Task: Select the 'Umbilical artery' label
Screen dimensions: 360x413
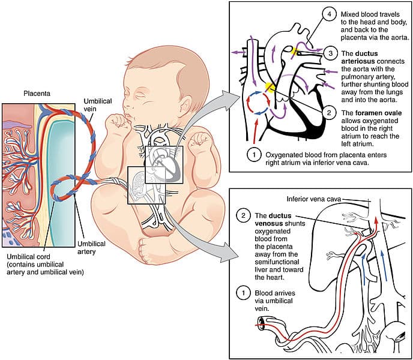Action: pos(93,248)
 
